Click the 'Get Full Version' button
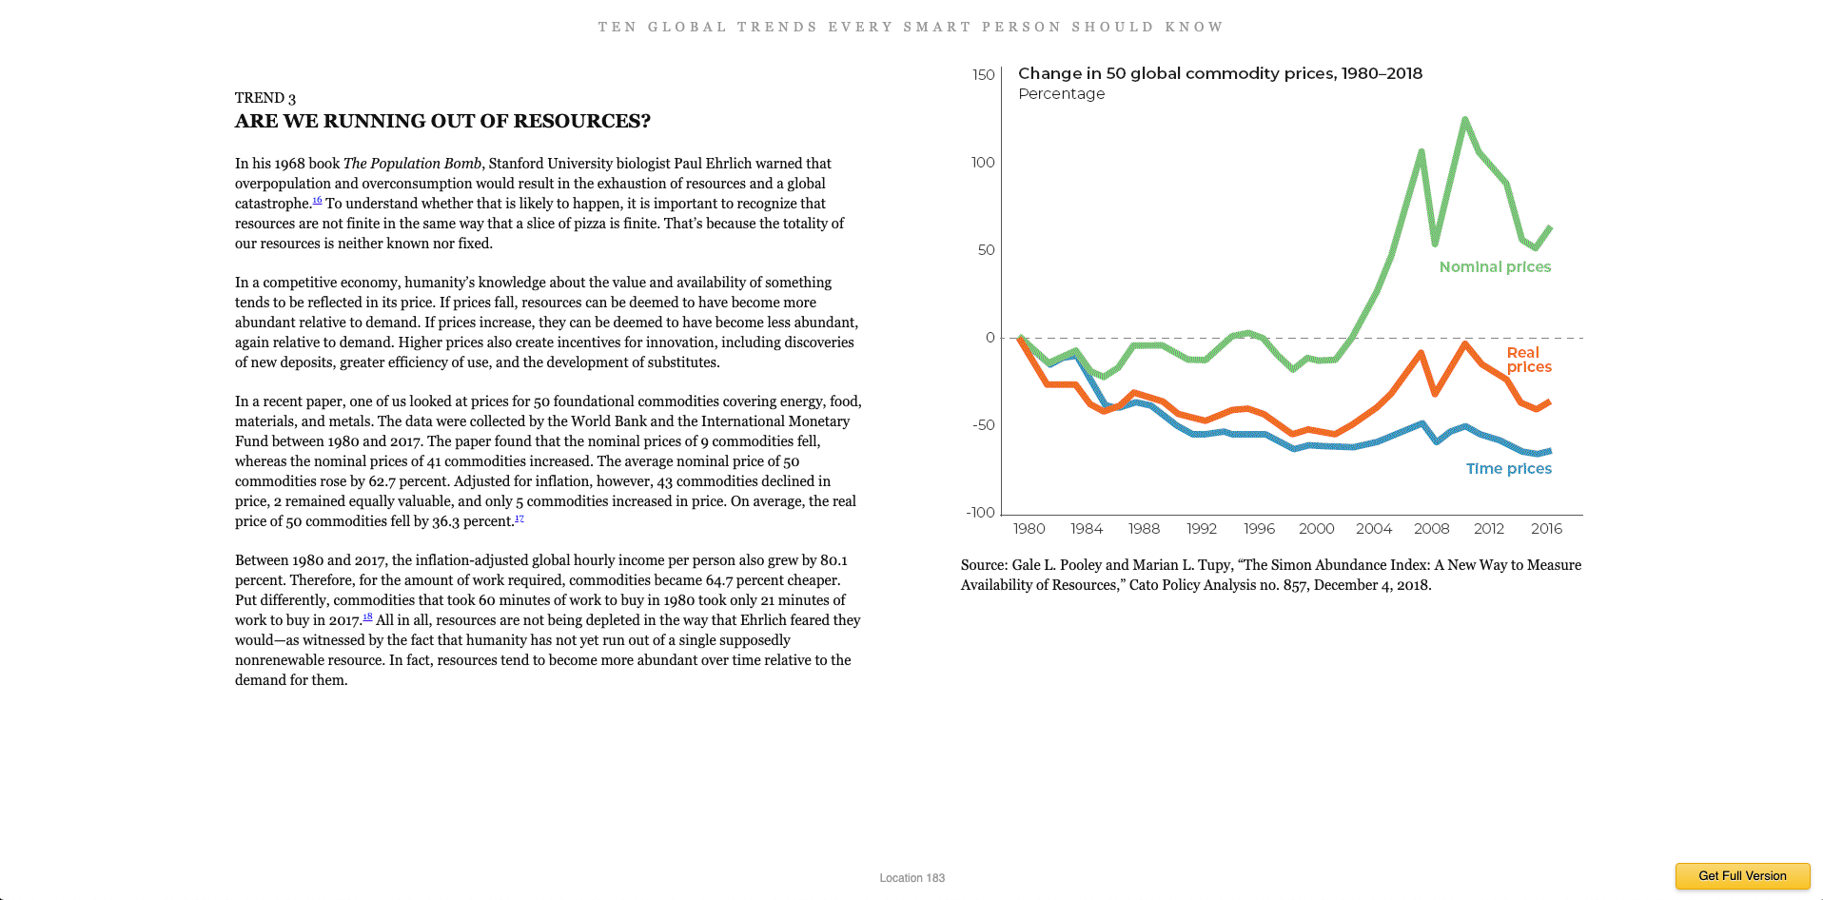click(x=1742, y=876)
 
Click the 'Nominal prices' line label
click(x=1495, y=267)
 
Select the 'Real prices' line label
click(x=1528, y=360)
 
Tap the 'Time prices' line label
click(x=1508, y=469)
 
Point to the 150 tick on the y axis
click(x=984, y=75)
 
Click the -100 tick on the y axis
click(x=981, y=513)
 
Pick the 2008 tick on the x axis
click(x=1431, y=529)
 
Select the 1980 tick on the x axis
click(x=1029, y=529)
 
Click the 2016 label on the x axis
click(x=1546, y=529)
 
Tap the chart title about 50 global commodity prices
click(x=1220, y=74)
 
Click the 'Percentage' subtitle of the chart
click(x=1061, y=94)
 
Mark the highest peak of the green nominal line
click(x=1464, y=119)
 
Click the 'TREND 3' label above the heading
click(x=265, y=98)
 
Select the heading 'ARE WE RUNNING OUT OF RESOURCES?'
click(x=442, y=122)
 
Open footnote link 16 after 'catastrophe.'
click(x=317, y=201)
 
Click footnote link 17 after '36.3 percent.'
click(x=519, y=518)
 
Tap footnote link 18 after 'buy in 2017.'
click(x=367, y=617)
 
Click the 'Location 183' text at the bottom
click(x=911, y=878)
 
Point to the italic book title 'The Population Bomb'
click(x=412, y=164)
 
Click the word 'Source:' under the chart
click(x=984, y=565)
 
